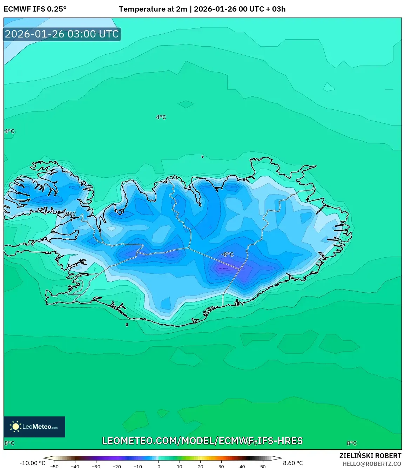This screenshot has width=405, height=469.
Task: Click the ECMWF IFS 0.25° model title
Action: coord(35,9)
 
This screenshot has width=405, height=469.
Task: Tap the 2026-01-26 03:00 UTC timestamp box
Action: coord(62,34)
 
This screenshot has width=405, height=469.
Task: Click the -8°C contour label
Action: coord(228,254)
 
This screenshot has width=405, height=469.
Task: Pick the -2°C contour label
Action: coord(70,214)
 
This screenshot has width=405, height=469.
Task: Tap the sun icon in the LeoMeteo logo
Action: coord(15,427)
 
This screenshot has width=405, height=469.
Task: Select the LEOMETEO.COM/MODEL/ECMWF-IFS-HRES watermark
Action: coord(202,441)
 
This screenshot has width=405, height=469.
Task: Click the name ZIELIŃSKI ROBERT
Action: coord(370,456)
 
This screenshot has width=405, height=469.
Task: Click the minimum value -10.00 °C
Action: coord(32,463)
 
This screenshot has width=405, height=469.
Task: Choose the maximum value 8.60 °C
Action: coord(293,463)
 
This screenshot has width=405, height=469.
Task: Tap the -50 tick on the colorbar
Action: coord(54,467)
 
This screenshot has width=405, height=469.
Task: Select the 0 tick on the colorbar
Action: coord(159,467)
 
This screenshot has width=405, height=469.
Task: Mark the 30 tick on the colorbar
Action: coord(221,467)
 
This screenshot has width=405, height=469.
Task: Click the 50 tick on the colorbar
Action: coord(263,467)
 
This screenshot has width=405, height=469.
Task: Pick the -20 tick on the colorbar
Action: coord(117,467)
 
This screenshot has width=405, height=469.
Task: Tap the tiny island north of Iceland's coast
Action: coord(203,157)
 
